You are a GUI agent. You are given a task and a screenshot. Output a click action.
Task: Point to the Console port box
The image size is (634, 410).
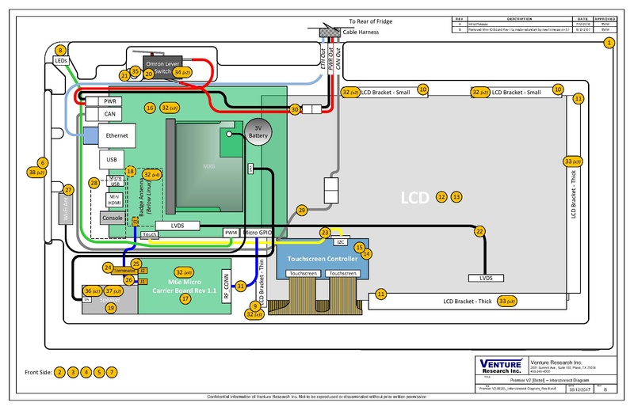[112, 217]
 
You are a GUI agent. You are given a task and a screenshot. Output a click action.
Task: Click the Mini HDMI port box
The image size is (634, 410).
[114, 199]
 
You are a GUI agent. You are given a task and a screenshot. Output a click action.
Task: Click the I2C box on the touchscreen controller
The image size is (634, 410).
[342, 242]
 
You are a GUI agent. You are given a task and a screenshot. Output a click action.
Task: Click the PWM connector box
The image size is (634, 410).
[231, 233]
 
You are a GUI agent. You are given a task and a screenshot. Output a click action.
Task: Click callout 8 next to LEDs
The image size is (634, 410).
[61, 50]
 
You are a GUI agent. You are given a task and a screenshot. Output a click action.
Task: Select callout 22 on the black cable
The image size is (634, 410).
[479, 231]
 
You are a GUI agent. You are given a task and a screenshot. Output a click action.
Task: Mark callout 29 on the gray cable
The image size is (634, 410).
[300, 210]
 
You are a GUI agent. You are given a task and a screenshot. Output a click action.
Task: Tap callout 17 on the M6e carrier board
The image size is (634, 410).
[185, 298]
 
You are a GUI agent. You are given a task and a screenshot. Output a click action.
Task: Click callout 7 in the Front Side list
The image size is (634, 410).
[112, 371]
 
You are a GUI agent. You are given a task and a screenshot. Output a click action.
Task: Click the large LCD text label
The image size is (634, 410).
[416, 196]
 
